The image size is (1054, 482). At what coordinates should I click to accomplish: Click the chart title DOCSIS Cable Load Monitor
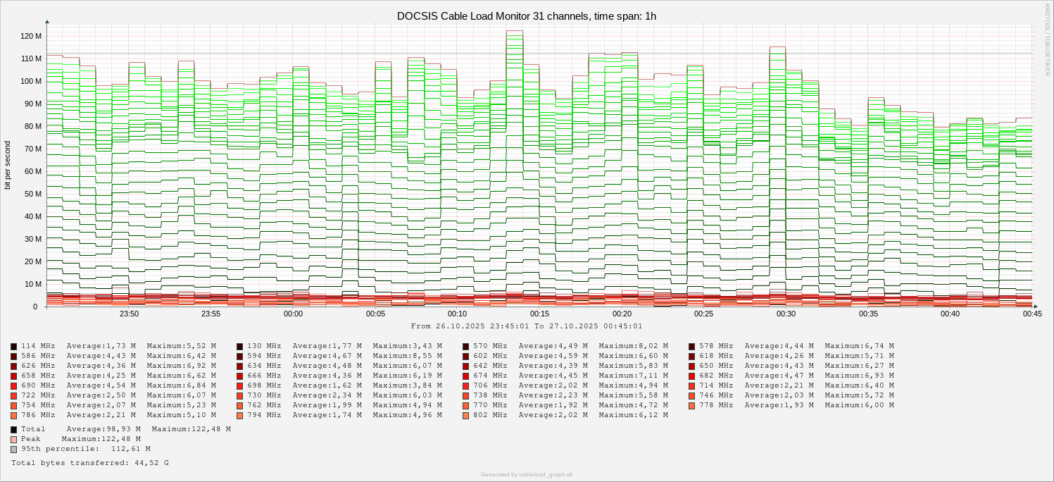pos(527,16)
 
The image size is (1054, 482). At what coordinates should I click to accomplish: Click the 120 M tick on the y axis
pos(31,36)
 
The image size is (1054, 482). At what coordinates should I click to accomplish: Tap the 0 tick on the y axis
pos(34,307)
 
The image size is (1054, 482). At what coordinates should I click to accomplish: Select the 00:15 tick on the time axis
pos(539,314)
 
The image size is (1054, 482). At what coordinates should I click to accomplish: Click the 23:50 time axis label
pos(129,314)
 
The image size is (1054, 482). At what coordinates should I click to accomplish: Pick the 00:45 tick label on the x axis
pos(1032,314)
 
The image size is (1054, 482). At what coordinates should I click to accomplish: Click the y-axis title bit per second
pos(8,165)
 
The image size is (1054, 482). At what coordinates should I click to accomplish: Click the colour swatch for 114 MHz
pos(14,347)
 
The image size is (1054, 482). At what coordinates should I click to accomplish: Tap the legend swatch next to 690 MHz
pos(14,386)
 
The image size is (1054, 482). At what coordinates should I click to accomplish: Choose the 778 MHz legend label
pos(716,405)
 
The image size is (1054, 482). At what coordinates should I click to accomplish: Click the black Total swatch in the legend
pos(14,429)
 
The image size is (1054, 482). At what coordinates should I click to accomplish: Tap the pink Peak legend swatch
pos(14,439)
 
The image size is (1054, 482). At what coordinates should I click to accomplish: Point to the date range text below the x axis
pos(527,326)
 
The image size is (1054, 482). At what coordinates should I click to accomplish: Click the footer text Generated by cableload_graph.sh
pos(527,474)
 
